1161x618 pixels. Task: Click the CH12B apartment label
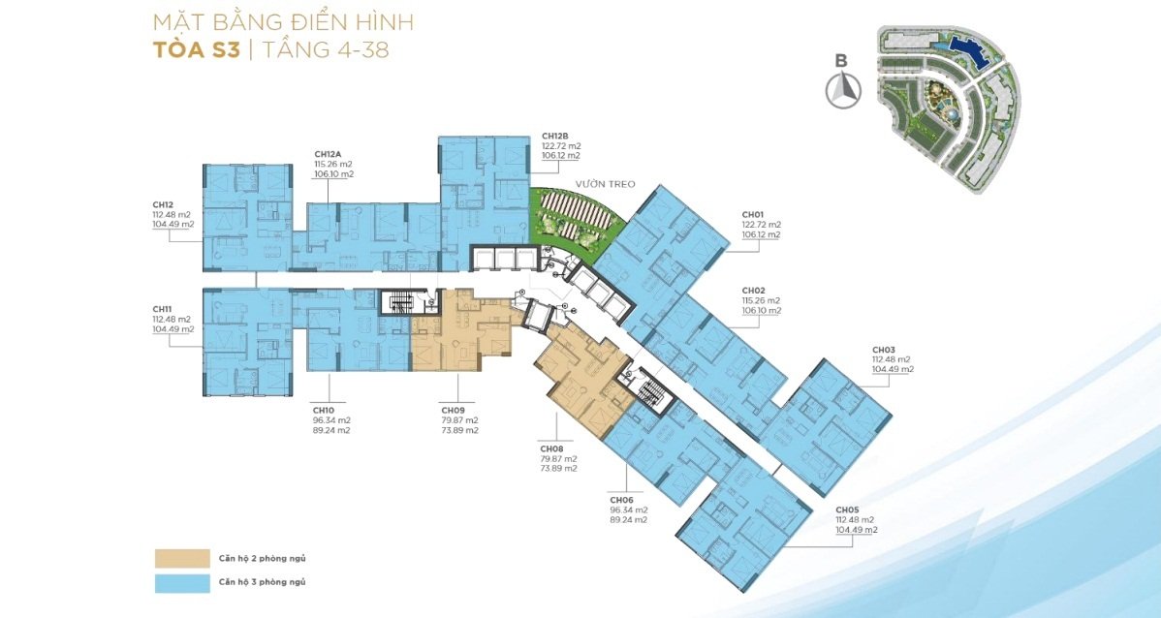554,137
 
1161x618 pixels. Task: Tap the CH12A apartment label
328,155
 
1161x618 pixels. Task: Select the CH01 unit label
754,215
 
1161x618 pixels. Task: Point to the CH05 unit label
848,510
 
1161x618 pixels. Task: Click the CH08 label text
552,448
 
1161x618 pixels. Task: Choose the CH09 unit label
454,410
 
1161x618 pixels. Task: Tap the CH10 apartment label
325,410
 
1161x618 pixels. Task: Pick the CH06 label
622,500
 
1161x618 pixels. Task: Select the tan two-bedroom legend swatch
180,557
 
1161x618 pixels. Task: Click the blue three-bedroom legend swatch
180,582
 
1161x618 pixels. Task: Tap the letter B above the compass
841,62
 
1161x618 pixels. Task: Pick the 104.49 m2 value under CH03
893,369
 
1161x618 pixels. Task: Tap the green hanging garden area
574,216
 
